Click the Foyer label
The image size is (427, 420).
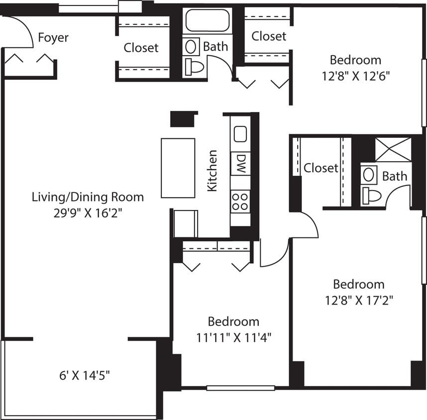coord(53,38)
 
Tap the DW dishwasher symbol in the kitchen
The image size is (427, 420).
coord(241,164)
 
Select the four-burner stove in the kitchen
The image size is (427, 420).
coord(240,202)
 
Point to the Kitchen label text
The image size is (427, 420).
coord(213,171)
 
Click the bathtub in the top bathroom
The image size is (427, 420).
coord(208,21)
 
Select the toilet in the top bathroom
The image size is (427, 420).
coord(195,66)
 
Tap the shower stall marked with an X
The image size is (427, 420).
coord(393,149)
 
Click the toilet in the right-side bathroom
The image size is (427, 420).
coord(371,196)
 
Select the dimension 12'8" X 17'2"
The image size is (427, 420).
coord(358,300)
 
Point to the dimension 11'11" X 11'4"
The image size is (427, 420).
coord(233,337)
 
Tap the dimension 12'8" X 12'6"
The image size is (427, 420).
coord(355,76)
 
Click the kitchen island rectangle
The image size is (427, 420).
coord(178,168)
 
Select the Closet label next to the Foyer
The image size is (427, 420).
coord(141,48)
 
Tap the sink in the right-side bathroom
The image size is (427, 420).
coord(369,174)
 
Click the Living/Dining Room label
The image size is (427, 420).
coord(88,197)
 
